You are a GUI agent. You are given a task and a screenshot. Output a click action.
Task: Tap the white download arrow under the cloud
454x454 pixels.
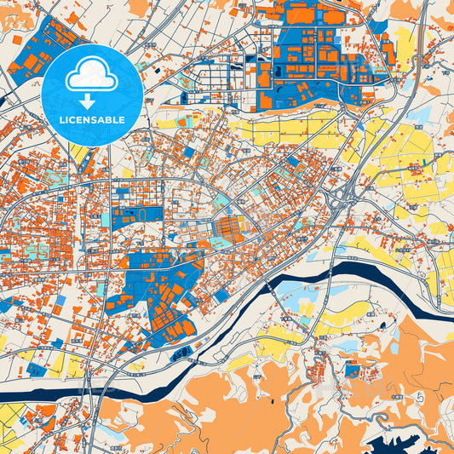tap(92, 93)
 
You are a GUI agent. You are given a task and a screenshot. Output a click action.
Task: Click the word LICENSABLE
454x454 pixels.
tap(92, 119)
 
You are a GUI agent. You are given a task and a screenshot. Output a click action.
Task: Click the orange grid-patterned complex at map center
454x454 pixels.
tap(227, 226)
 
